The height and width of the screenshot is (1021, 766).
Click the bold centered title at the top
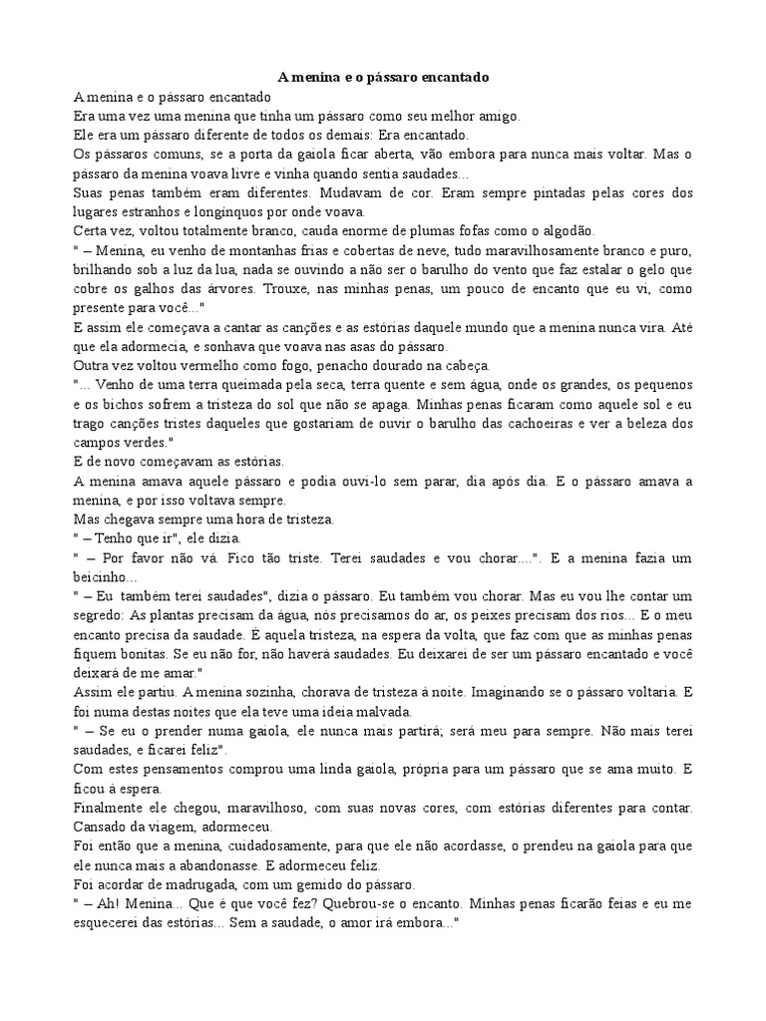(382, 77)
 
